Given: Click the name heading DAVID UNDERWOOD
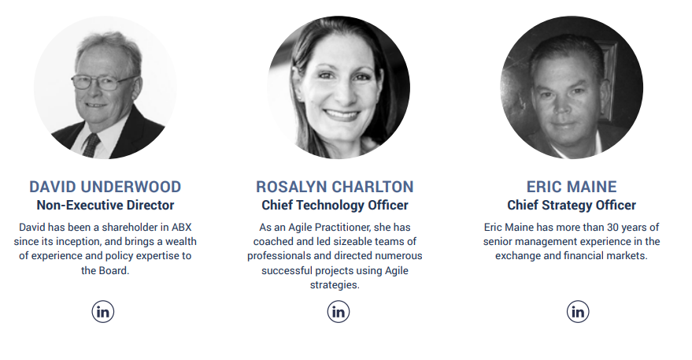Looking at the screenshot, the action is (105, 187).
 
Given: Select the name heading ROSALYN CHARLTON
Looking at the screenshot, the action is (335, 187).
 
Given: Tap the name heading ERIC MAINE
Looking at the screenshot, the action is (572, 187).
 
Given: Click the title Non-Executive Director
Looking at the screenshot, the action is (105, 206).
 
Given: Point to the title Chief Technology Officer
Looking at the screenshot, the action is (335, 206).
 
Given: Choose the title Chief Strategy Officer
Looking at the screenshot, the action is (572, 206).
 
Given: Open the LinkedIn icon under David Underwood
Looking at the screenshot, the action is (103, 311).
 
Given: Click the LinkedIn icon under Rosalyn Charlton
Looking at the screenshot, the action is (339, 311).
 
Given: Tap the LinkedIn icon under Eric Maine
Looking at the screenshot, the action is (578, 311).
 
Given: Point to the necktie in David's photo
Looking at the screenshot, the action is (91, 145).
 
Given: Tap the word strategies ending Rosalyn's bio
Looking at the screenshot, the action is (335, 285).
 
